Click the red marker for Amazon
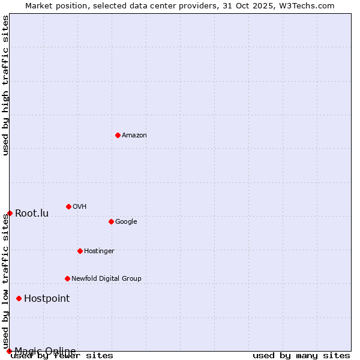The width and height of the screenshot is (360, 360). click(118, 135)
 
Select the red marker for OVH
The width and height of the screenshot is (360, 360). click(68, 206)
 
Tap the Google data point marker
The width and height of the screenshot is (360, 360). click(111, 221)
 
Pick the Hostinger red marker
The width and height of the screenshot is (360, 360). click(80, 251)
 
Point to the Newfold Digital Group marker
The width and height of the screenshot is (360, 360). click(67, 278)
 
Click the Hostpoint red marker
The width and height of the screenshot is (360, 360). click(19, 298)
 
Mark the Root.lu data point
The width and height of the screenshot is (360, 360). click(10, 213)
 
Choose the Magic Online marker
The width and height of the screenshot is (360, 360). click(9, 351)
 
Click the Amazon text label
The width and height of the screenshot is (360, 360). click(134, 136)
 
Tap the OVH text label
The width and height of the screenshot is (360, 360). click(80, 207)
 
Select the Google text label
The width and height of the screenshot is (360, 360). click(126, 222)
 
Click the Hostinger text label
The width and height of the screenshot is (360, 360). click(99, 251)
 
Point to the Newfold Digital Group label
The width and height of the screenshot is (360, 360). click(106, 279)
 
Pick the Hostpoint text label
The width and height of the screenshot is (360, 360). click(47, 299)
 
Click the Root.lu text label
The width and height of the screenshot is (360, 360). click(32, 214)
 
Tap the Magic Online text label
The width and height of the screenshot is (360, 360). click(45, 351)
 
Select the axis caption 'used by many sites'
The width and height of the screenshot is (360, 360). click(301, 356)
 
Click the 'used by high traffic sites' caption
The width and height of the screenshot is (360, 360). click(6, 85)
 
